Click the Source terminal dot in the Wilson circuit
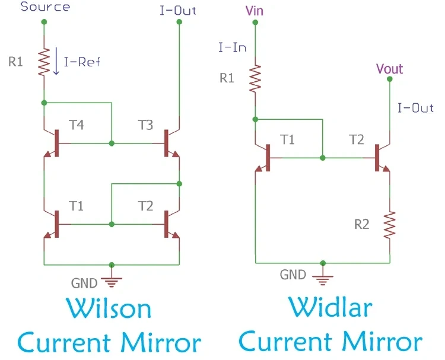44,22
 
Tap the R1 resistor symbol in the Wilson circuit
44,62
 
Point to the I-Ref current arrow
56,60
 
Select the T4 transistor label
77,125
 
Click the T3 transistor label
145,125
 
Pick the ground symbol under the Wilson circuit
112,282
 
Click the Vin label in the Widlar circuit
255,11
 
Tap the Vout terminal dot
390,79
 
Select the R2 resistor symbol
390,225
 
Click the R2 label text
362,224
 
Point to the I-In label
232,47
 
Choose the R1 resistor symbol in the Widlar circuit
255,78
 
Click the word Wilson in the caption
109,308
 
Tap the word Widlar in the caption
330,307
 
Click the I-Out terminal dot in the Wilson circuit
179,22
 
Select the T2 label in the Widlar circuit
357,139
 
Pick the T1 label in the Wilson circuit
76,206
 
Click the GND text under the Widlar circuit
293,275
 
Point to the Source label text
45,7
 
